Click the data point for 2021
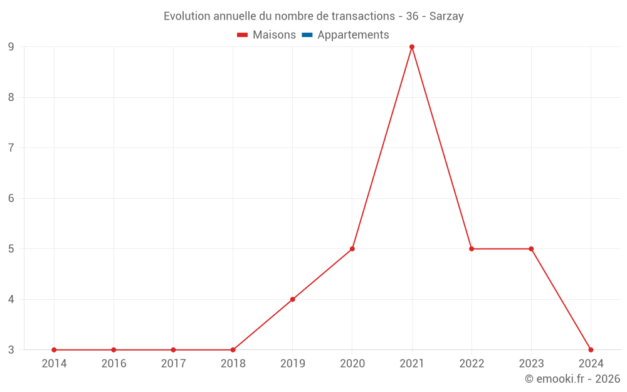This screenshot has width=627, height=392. pos(412,47)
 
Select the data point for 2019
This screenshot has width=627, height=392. pos(292,299)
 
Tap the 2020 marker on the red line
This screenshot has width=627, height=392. pos(352,249)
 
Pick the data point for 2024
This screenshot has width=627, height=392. pos(591,350)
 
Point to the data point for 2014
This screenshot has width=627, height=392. pos(54,350)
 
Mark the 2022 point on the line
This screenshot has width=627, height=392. pos(472,249)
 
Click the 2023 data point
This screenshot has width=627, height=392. pos(531,249)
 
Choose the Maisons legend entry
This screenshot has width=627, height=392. pos(274,35)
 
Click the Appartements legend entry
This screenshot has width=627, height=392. pos(353,35)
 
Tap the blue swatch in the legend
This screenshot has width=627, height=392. pos(307,35)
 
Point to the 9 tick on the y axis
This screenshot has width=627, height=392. pos(11,47)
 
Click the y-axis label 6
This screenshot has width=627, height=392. pos(11,198)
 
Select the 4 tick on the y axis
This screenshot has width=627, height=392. pos(11,299)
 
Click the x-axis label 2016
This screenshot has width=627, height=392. pos(113,364)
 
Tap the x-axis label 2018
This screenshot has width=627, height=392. pos(233,364)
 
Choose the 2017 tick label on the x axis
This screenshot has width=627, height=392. pos(173,364)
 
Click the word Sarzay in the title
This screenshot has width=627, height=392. pos(446,16)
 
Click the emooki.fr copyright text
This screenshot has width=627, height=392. pos(572,379)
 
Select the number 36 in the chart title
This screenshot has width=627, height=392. pos(412,16)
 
